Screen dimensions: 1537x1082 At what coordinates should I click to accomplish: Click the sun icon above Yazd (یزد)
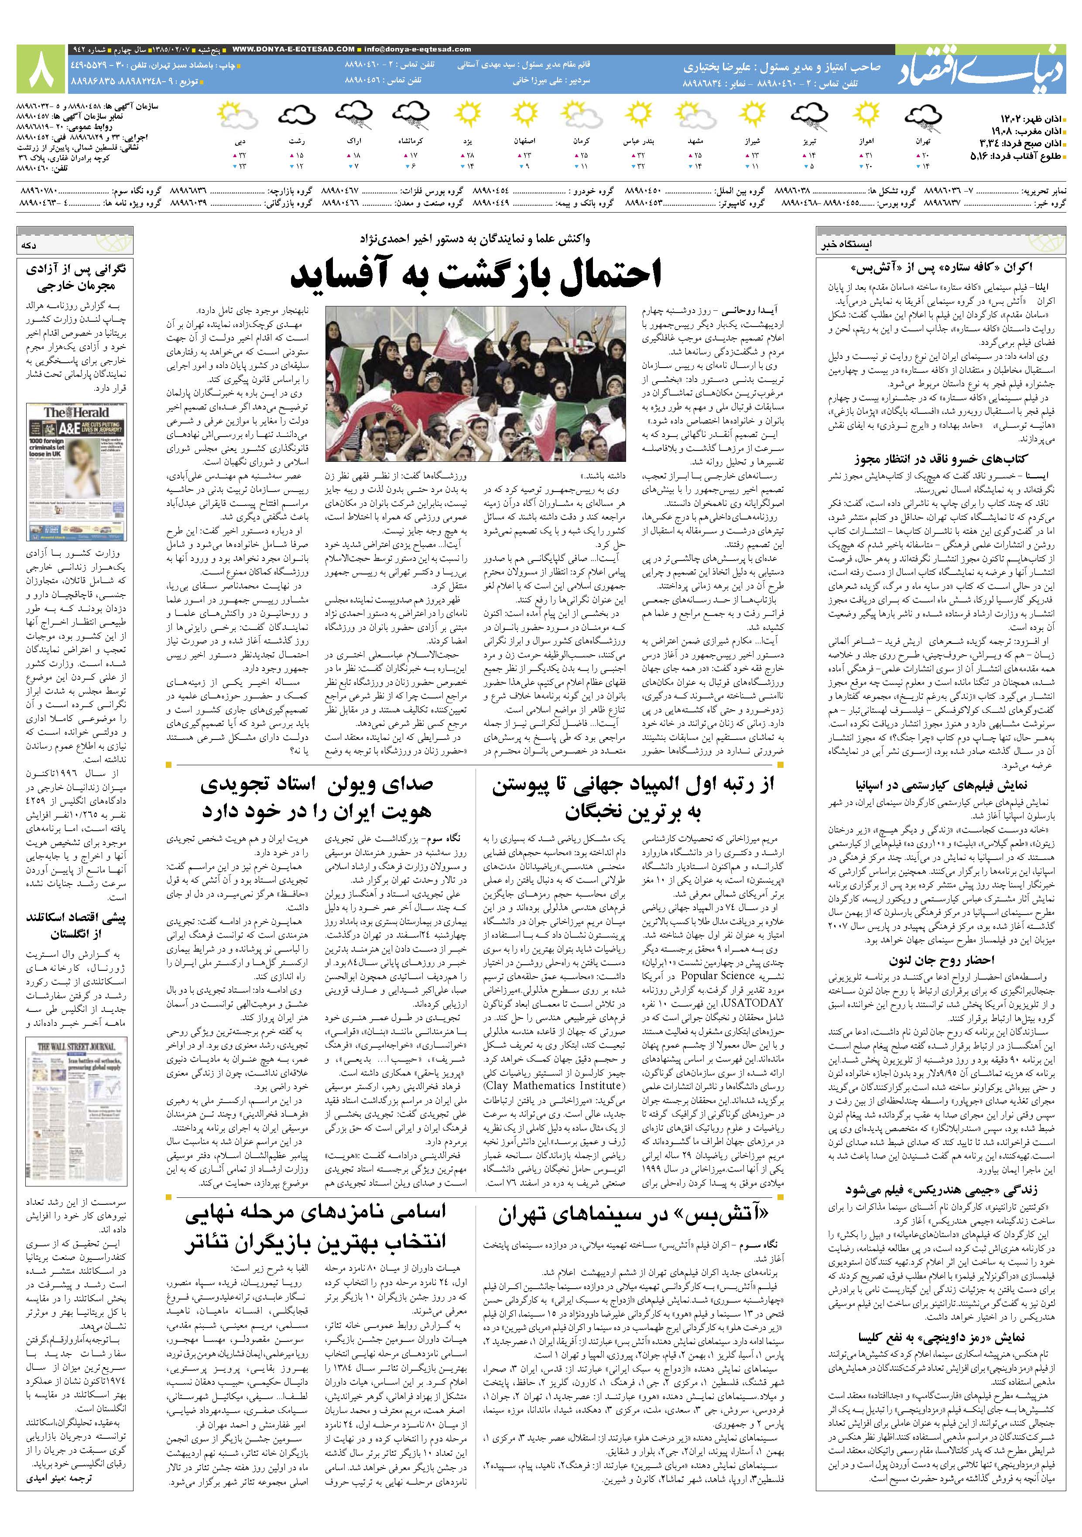click(467, 117)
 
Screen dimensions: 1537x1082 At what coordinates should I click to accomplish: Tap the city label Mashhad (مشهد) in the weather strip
click(697, 143)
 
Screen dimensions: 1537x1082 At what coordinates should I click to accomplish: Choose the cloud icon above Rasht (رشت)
click(296, 117)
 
